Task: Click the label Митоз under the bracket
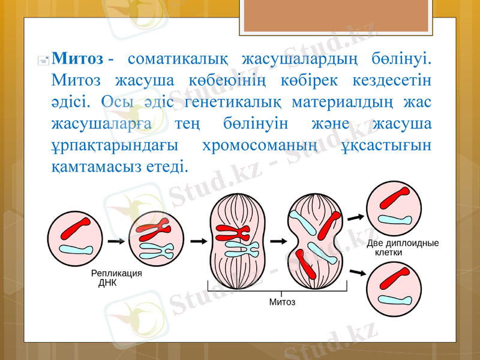(x=282, y=302)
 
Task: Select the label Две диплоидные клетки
(x=402, y=248)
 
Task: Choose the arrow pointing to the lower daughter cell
(x=357, y=272)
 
